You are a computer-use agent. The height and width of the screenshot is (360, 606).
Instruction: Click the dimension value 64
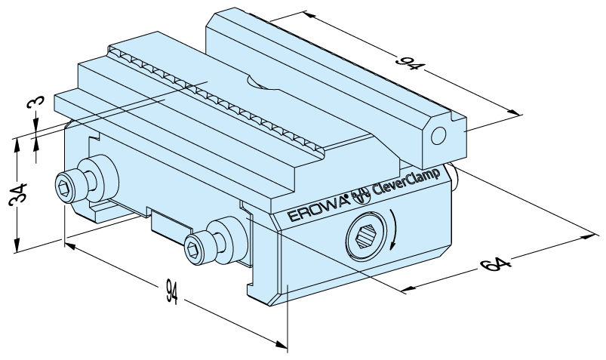(x=495, y=265)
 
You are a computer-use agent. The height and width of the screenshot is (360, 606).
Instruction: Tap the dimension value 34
(x=18, y=193)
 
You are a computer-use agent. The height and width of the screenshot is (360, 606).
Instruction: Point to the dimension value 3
(x=35, y=103)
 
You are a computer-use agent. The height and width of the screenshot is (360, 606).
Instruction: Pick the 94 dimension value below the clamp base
(x=171, y=291)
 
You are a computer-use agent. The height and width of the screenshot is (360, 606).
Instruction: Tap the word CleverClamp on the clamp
(x=406, y=181)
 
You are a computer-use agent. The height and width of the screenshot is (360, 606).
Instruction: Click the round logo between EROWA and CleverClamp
(x=360, y=195)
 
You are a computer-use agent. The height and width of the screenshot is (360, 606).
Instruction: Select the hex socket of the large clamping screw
(x=365, y=236)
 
